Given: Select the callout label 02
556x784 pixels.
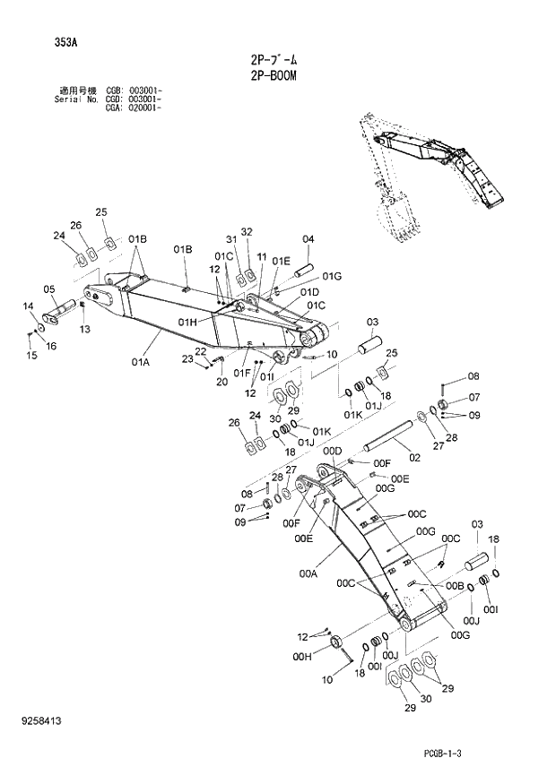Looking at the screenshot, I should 413,458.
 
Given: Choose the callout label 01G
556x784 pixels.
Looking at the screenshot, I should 332,276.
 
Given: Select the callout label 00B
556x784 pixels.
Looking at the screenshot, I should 455,585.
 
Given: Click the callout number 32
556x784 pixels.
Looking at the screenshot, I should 247,231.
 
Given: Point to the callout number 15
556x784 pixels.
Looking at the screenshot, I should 31,356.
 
